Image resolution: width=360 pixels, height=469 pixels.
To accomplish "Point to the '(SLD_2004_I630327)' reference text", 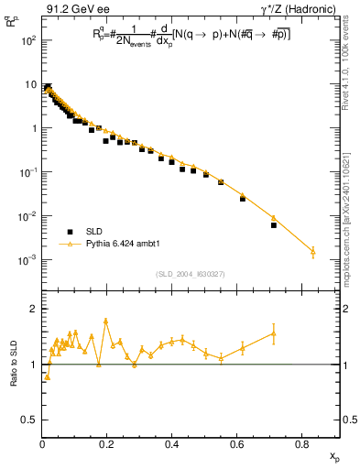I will pyautogui.click(x=191, y=274).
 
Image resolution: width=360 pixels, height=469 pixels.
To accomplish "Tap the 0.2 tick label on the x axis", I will pyautogui.click(x=107, y=444).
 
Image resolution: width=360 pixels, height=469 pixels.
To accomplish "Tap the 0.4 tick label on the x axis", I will pyautogui.click(x=172, y=444).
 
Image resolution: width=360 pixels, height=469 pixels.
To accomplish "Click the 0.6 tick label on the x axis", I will pyautogui.click(x=237, y=444).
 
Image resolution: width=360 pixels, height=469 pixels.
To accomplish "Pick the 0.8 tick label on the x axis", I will pyautogui.click(x=302, y=444).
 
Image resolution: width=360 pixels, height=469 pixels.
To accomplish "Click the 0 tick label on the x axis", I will pyautogui.click(x=43, y=444).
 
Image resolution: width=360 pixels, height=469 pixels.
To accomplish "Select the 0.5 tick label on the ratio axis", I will pyautogui.click(x=29, y=420).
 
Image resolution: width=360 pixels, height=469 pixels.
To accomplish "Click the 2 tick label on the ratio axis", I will pyautogui.click(x=34, y=309).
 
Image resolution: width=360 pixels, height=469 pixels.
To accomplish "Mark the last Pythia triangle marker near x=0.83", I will pyautogui.click(x=312, y=251).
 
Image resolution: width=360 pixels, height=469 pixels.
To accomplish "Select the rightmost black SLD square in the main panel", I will pyautogui.click(x=274, y=224).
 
